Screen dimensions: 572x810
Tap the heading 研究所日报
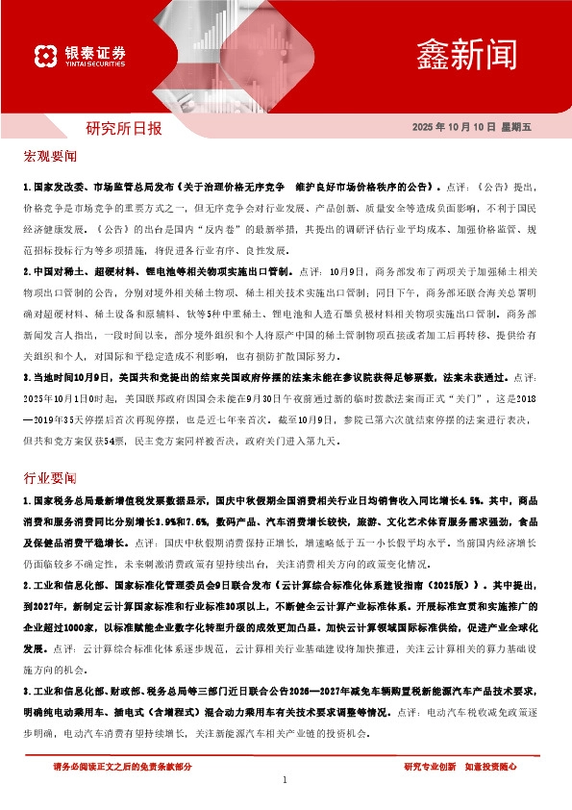pyautogui.click(x=124, y=127)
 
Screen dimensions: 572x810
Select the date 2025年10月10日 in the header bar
pyautogui.click(x=453, y=128)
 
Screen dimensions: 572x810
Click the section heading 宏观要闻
pyautogui.click(x=50, y=156)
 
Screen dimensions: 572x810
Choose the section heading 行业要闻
pyautogui.click(x=50, y=477)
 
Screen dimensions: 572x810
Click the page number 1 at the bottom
pyautogui.click(x=286, y=780)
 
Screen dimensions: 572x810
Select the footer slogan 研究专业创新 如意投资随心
pyautogui.click(x=460, y=766)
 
